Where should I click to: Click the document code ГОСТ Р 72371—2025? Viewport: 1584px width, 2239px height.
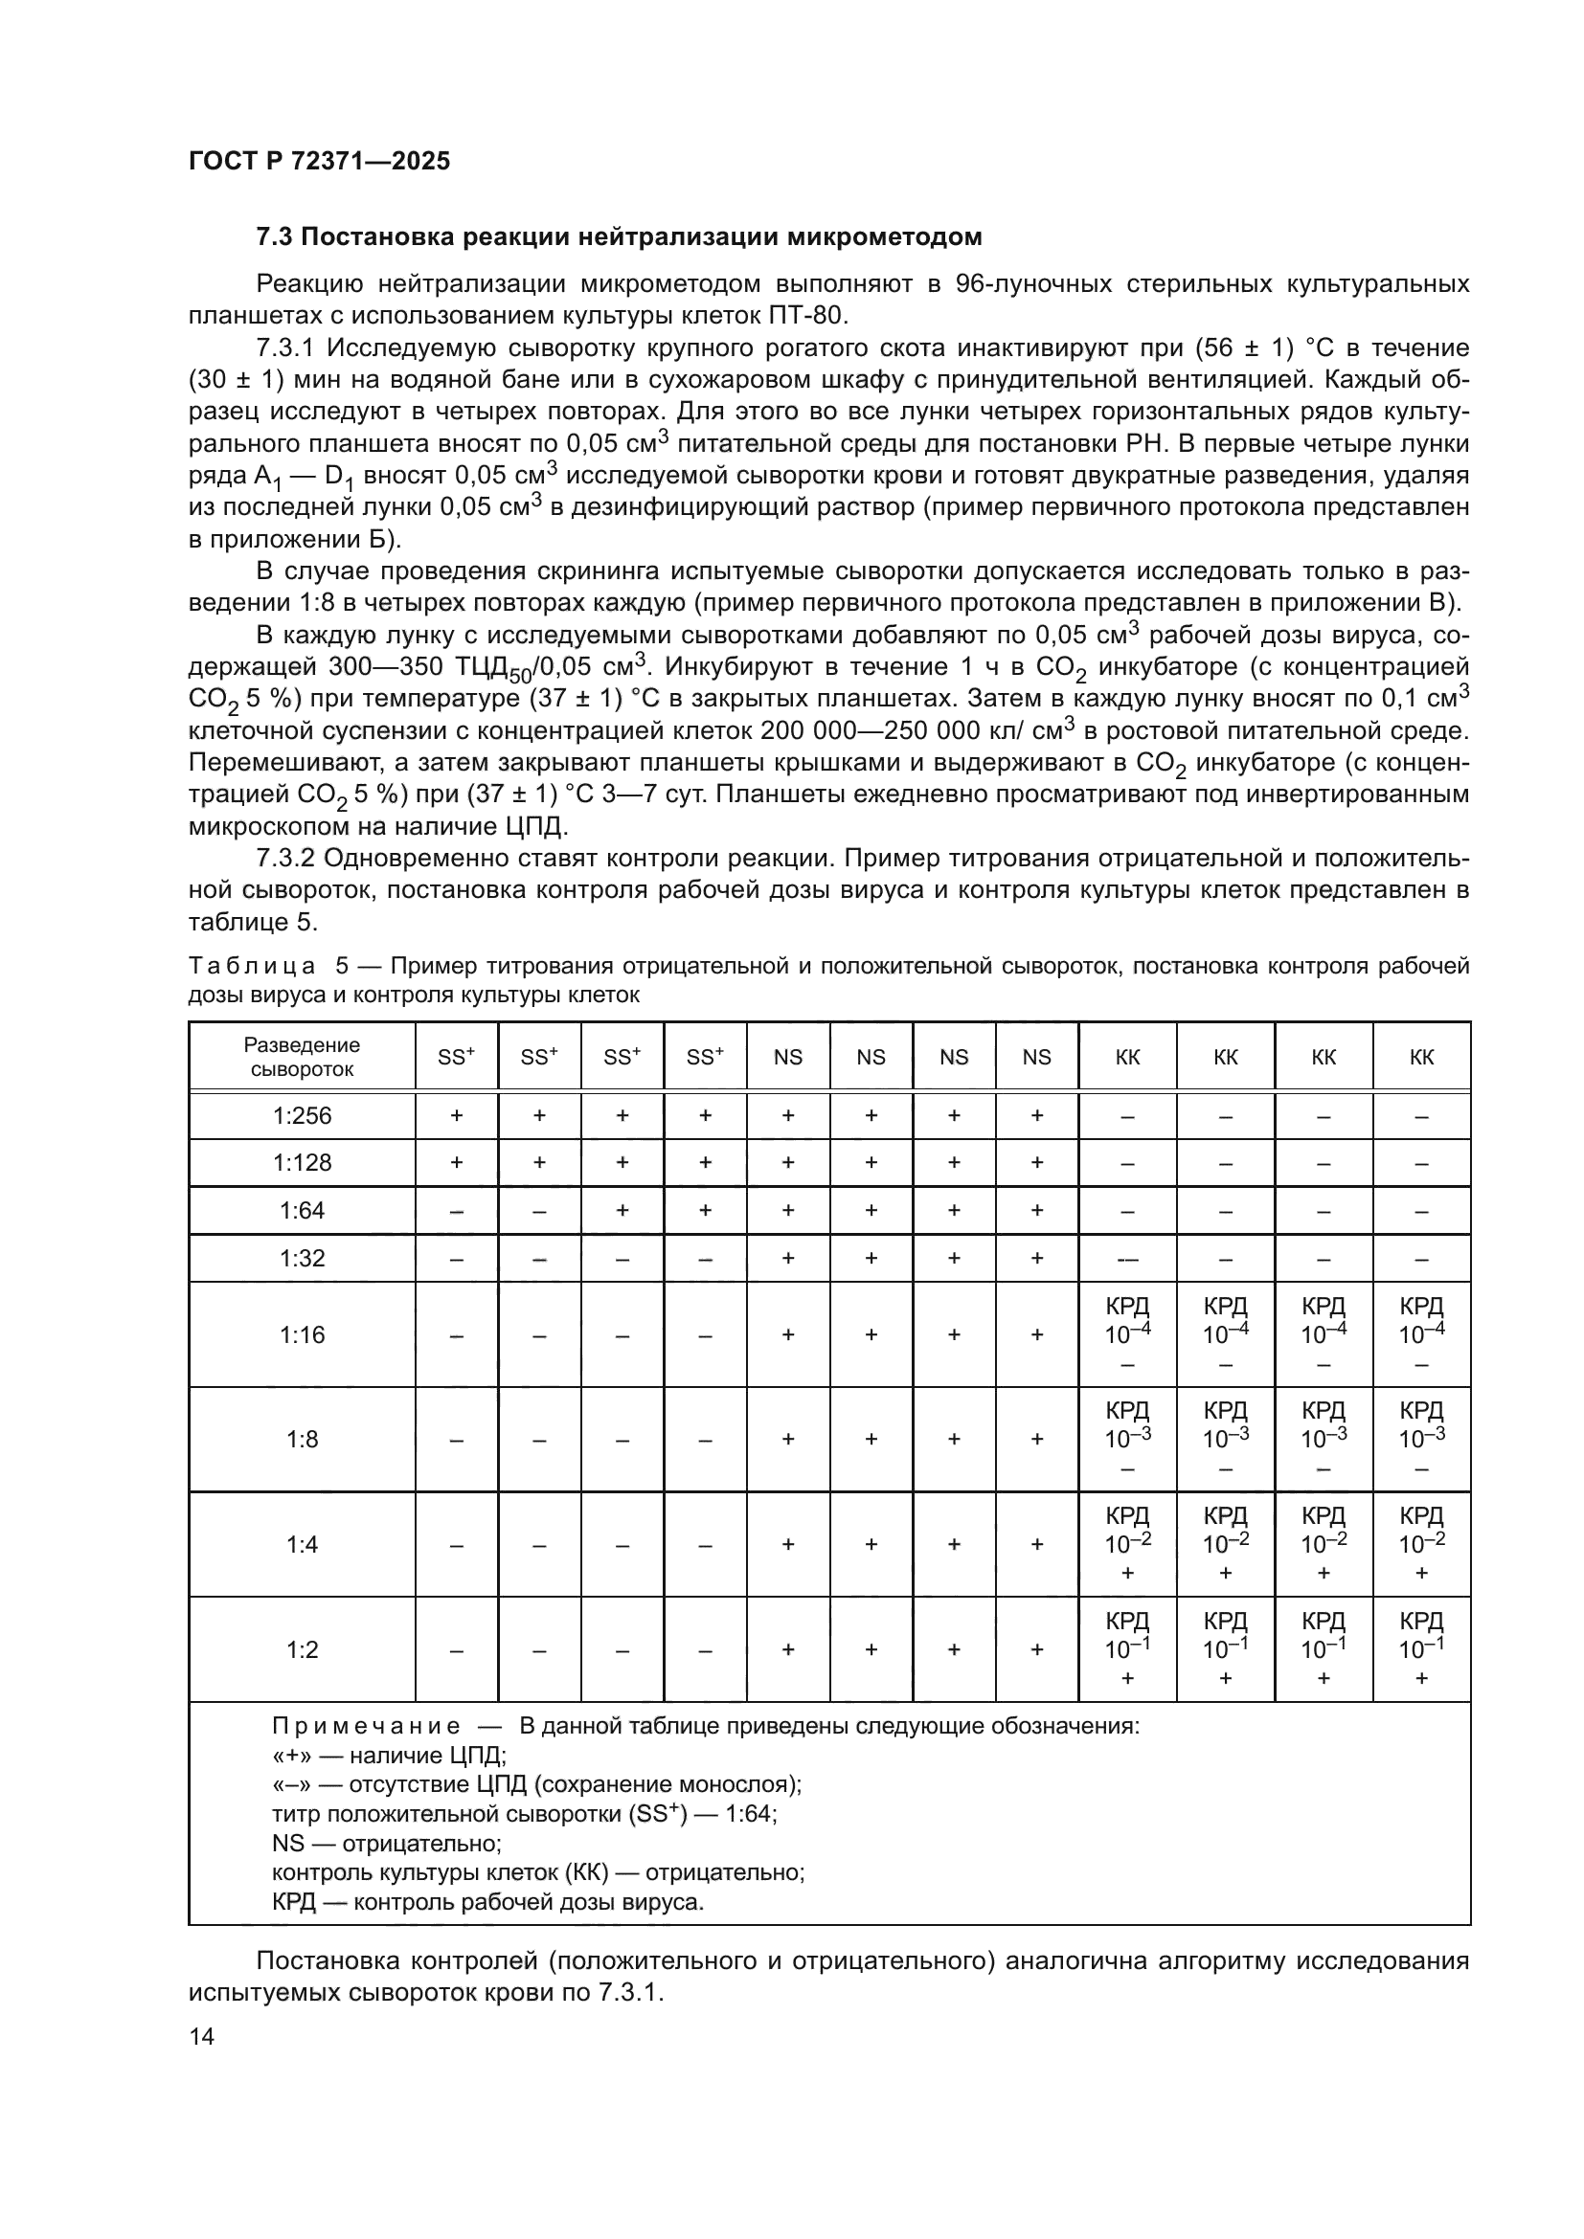click(x=319, y=161)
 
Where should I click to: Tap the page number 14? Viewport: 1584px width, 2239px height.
click(x=201, y=2036)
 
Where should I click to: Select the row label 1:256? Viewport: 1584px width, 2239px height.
click(x=302, y=1115)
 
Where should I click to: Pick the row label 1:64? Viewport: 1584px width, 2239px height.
click(x=302, y=1210)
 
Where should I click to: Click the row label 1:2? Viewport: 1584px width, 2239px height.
click(x=302, y=1649)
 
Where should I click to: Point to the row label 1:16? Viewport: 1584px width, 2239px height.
click(x=302, y=1334)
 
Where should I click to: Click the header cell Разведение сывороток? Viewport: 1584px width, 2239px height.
click(x=302, y=1057)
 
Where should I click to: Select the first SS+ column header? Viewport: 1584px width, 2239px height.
click(x=456, y=1057)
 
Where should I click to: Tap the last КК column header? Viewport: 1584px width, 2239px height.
click(x=1421, y=1057)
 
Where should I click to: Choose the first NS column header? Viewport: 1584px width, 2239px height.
click(x=787, y=1057)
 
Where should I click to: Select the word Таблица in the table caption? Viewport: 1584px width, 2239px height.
click(x=252, y=967)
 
